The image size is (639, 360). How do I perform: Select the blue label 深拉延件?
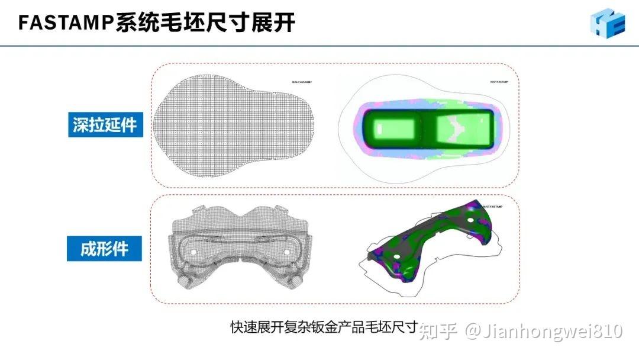(x=105, y=126)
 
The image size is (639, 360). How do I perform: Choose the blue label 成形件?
(x=104, y=247)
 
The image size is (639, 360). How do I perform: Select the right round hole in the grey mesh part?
(x=288, y=251)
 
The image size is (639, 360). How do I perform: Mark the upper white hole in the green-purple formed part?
(x=470, y=220)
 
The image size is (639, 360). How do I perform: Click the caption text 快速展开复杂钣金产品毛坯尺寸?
(x=323, y=327)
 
